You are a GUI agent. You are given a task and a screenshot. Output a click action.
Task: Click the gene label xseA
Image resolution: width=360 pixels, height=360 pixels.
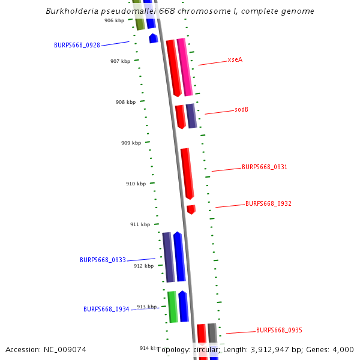click(235, 60)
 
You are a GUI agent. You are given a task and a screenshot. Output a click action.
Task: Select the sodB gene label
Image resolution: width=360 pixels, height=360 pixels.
click(241, 110)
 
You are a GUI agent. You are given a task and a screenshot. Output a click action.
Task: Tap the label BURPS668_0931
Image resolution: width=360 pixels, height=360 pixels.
click(264, 167)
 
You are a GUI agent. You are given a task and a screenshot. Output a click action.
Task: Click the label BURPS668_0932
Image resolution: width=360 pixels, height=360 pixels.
click(268, 203)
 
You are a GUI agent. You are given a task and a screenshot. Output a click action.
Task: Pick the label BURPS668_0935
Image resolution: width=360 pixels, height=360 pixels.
click(279, 330)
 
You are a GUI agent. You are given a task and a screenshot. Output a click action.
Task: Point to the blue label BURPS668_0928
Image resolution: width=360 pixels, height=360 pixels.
click(77, 45)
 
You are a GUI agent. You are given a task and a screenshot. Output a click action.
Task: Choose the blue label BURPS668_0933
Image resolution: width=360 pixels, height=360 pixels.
click(103, 260)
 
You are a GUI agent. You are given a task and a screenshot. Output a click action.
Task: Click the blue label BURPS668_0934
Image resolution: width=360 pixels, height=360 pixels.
click(106, 309)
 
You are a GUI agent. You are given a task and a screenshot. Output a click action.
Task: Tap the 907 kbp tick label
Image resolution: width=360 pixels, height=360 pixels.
click(120, 61)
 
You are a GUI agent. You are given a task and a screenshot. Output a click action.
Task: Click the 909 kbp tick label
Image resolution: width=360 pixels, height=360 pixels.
click(131, 143)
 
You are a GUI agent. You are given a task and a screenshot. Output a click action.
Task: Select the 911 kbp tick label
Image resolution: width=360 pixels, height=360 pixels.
click(140, 224)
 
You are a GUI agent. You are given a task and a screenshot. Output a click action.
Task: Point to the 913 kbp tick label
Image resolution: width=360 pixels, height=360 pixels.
click(146, 307)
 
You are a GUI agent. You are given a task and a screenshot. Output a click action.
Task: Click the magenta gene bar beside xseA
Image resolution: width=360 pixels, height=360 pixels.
click(185, 66)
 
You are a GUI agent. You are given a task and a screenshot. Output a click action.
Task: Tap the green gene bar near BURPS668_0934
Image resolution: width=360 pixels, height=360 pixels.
click(172, 306)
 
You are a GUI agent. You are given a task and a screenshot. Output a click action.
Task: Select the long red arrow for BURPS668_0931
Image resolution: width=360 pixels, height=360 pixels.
click(187, 173)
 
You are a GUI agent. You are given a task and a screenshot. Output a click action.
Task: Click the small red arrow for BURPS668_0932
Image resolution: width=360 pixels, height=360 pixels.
click(191, 209)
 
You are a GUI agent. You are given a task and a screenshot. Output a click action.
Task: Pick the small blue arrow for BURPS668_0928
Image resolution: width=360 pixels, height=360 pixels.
click(154, 38)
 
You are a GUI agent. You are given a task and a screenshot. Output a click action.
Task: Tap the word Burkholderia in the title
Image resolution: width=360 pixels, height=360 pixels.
click(72, 11)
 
